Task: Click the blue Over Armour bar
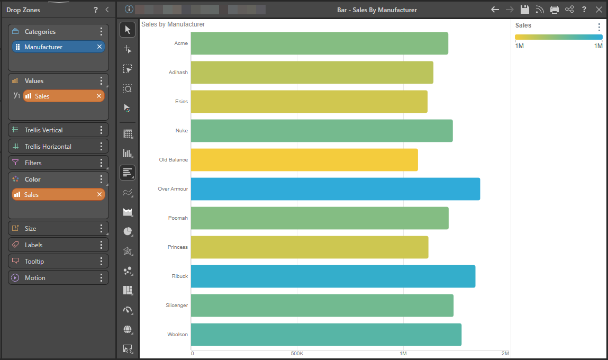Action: [x=335, y=189]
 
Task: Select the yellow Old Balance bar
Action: [x=304, y=160]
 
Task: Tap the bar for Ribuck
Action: [x=333, y=276]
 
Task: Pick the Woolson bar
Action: [x=326, y=335]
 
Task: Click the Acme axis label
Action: [x=181, y=43]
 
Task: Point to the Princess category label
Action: [x=178, y=247]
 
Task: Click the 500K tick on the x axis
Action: [x=297, y=354]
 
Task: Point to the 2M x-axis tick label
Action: [x=505, y=354]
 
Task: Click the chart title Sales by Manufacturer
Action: [x=173, y=24]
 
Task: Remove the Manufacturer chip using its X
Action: [x=99, y=47]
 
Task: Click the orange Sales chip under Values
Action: [x=63, y=96]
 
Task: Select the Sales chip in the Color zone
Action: [x=58, y=194]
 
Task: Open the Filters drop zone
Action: [x=58, y=163]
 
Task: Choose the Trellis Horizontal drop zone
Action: [x=58, y=146]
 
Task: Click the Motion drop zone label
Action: [x=35, y=278]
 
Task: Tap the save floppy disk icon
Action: [x=524, y=10]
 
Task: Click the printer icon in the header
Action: [x=555, y=10]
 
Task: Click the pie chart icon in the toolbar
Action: [x=128, y=231]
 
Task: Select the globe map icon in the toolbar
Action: [x=128, y=329]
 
